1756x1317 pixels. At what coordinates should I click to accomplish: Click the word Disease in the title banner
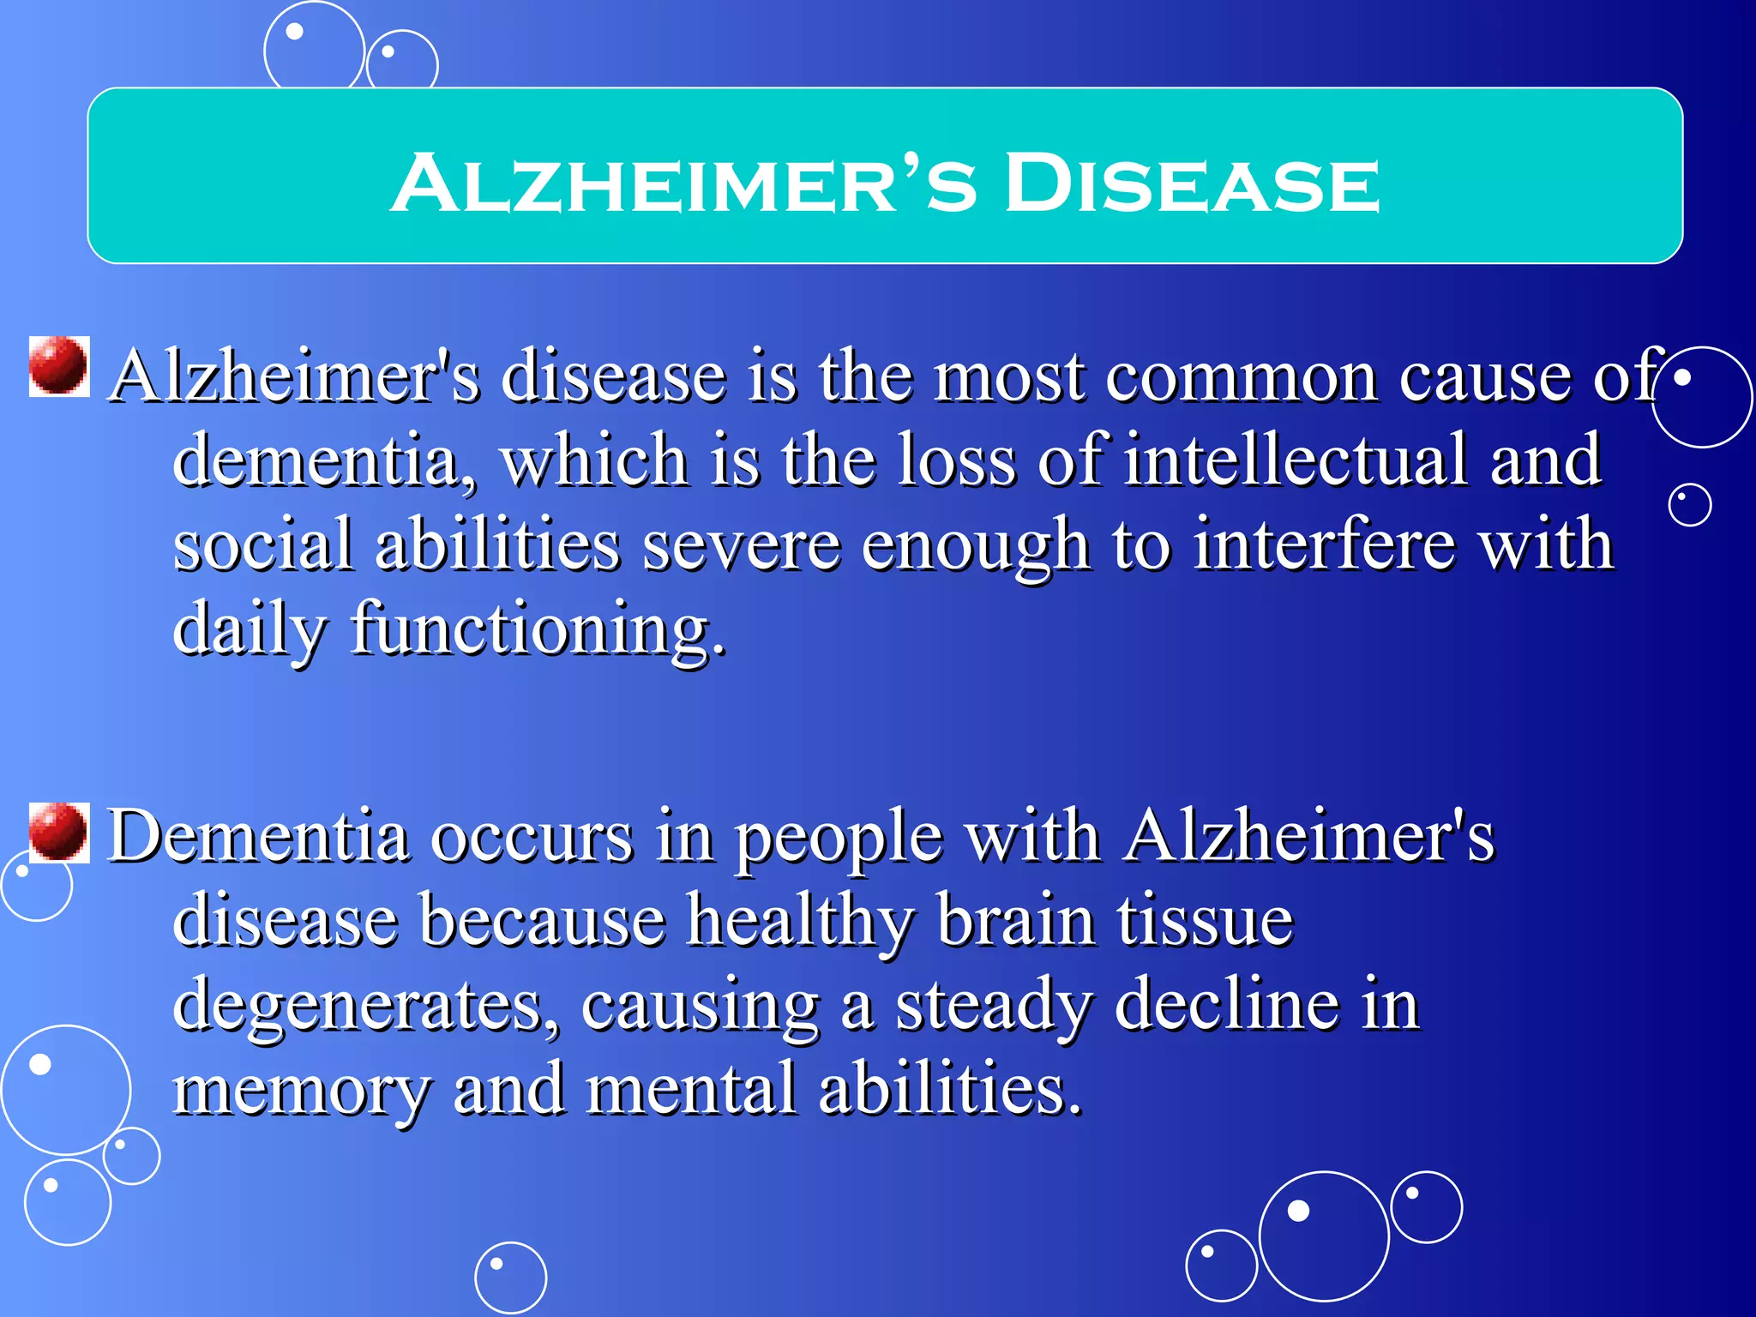[x=1192, y=183]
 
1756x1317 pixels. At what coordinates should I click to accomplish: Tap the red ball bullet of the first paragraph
[x=58, y=366]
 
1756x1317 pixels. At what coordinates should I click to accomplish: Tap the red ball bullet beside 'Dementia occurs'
[x=58, y=832]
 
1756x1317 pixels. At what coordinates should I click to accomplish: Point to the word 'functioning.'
[x=538, y=630]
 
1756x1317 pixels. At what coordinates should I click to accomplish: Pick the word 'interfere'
[x=1324, y=545]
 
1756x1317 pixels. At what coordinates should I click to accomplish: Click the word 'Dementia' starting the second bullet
[x=258, y=836]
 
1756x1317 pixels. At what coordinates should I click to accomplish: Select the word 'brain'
[x=1016, y=921]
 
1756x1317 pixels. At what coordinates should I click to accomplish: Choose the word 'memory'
[x=300, y=1089]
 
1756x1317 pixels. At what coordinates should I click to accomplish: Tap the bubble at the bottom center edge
[x=510, y=1278]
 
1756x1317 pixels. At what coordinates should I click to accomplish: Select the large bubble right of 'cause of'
[x=1701, y=397]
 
